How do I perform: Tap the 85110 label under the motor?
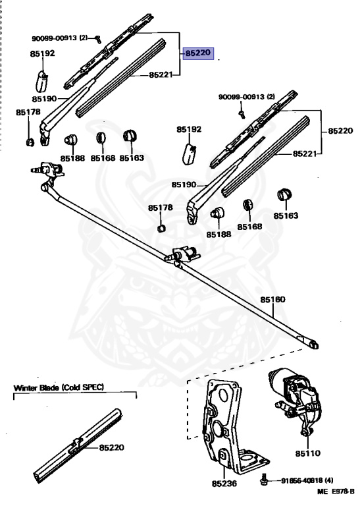[x=307, y=454]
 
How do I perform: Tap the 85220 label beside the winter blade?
[x=113, y=447]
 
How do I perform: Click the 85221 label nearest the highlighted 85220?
[x=161, y=75]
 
